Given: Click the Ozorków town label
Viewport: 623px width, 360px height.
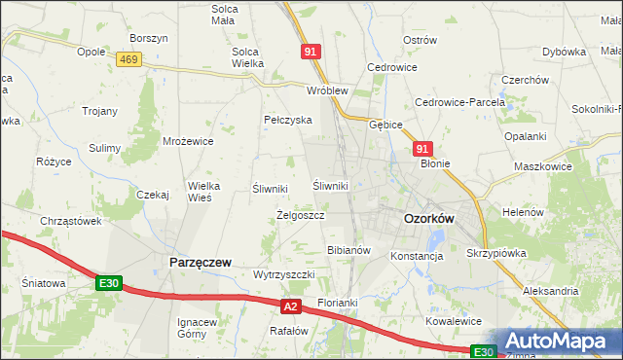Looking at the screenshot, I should coord(428,220).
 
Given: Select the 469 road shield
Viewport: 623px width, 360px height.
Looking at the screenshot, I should coord(128,60).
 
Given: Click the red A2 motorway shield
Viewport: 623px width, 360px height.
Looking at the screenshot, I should coord(289,306).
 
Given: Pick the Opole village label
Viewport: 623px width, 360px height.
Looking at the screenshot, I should coord(91,52).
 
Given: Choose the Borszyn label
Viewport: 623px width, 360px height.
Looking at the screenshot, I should coord(149,38).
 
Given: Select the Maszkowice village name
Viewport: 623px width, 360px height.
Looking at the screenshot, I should coord(542,166).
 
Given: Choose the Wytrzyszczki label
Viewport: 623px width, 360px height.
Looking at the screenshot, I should coord(283,275).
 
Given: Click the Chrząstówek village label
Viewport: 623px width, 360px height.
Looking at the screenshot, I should coord(71,221).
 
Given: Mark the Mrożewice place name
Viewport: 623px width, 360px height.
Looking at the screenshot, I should coord(188,141).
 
